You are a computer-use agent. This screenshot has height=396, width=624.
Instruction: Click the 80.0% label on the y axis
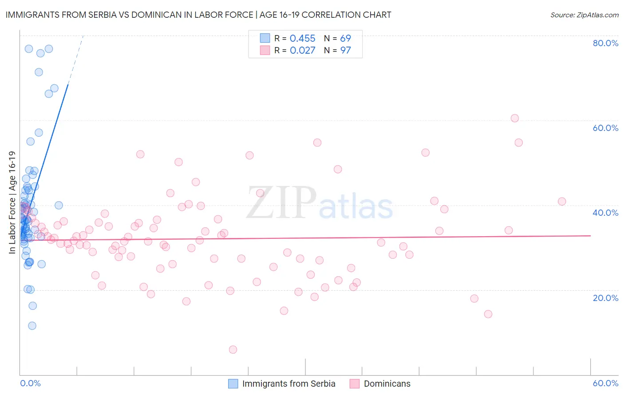[605, 43]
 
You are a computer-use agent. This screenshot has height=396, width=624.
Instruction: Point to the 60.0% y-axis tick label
[605, 128]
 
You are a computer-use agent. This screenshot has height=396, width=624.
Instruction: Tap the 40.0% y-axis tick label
[605, 213]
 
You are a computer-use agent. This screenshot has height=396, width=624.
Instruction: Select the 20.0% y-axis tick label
[605, 298]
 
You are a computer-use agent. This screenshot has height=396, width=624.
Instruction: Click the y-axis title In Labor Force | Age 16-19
[12, 202]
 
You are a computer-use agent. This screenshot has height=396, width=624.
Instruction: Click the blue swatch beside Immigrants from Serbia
[233, 384]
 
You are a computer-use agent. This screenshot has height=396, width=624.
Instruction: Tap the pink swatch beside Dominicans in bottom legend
[354, 384]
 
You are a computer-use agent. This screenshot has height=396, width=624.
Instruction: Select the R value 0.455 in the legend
[302, 39]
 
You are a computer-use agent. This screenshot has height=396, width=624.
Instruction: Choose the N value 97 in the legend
[345, 51]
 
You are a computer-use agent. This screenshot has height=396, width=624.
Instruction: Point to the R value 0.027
[302, 51]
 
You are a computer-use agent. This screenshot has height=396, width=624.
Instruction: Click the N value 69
[345, 39]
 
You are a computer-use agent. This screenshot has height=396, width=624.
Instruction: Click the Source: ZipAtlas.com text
[584, 15]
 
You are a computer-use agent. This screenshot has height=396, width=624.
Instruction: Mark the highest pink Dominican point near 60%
[514, 118]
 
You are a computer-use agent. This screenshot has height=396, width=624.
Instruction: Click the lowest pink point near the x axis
[233, 350]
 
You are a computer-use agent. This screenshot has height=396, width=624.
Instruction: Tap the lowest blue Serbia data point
[32, 326]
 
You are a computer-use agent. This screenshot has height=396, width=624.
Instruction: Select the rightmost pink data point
[562, 202]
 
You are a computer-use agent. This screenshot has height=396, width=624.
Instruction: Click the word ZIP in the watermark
[281, 202]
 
